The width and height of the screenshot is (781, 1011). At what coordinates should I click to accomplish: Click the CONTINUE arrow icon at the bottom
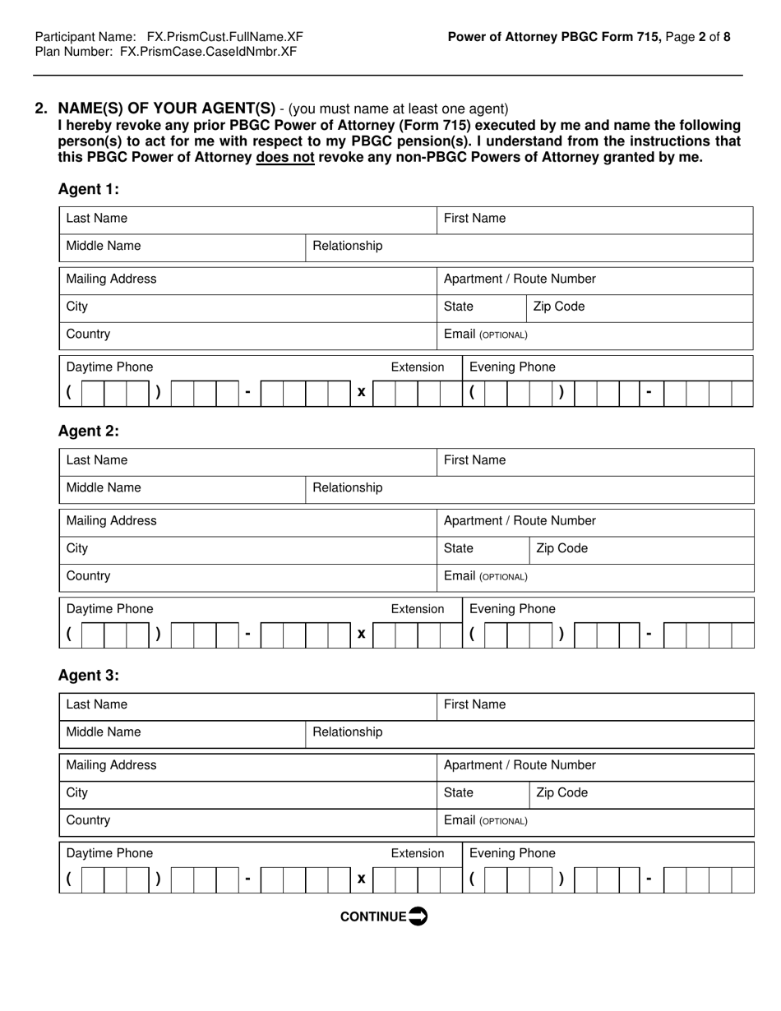tap(418, 916)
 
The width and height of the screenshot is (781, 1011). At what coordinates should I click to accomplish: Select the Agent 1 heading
tap(88, 189)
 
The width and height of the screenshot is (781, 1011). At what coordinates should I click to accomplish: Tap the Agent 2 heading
tap(88, 431)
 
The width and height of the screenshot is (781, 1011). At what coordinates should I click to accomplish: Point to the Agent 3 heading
tap(88, 676)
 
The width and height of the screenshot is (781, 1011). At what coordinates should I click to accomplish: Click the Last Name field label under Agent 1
tap(97, 219)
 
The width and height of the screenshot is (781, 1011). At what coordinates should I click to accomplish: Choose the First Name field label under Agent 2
tap(474, 460)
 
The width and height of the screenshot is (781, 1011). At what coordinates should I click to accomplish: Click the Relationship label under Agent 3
tap(348, 732)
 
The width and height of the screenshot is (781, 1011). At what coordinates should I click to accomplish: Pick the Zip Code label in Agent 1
tap(559, 307)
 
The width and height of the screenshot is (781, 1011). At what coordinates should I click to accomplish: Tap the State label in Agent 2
tap(459, 548)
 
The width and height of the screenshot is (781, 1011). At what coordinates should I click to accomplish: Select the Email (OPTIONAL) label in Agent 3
tap(485, 820)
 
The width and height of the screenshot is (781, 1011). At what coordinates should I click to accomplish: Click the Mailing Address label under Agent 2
tap(111, 520)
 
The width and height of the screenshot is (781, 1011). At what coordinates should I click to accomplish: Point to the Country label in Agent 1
tap(88, 335)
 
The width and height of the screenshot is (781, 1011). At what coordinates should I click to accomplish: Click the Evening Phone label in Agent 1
tap(512, 367)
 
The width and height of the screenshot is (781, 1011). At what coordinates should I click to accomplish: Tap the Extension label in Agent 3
tap(417, 853)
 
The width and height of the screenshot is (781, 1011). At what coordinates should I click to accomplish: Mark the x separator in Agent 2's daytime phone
tap(361, 634)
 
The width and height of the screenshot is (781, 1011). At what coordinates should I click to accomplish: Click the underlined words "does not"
tap(285, 157)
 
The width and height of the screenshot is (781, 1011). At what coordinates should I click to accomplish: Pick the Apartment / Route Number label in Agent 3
tap(520, 765)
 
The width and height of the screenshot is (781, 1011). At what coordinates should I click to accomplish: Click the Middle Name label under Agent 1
tap(104, 246)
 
